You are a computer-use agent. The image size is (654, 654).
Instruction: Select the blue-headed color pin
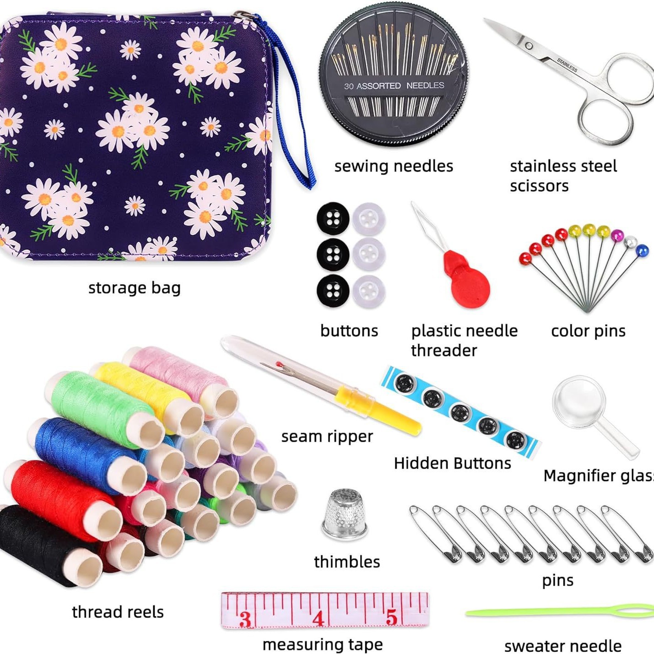[642, 250]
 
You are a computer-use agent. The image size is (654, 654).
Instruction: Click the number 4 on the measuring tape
[319, 618]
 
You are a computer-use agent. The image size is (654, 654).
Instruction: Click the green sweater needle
[558, 612]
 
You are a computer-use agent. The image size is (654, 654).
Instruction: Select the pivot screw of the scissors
[529, 46]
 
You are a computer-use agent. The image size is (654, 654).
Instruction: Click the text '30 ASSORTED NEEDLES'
[394, 86]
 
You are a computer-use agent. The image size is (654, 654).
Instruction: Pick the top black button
[333, 218]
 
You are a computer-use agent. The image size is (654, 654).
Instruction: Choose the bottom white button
[368, 291]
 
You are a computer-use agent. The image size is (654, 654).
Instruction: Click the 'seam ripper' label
[327, 437]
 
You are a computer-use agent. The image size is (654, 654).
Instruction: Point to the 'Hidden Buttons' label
[452, 463]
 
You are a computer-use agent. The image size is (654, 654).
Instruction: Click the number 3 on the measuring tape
[246, 619]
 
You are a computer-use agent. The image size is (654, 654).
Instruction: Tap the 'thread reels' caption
[118, 612]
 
